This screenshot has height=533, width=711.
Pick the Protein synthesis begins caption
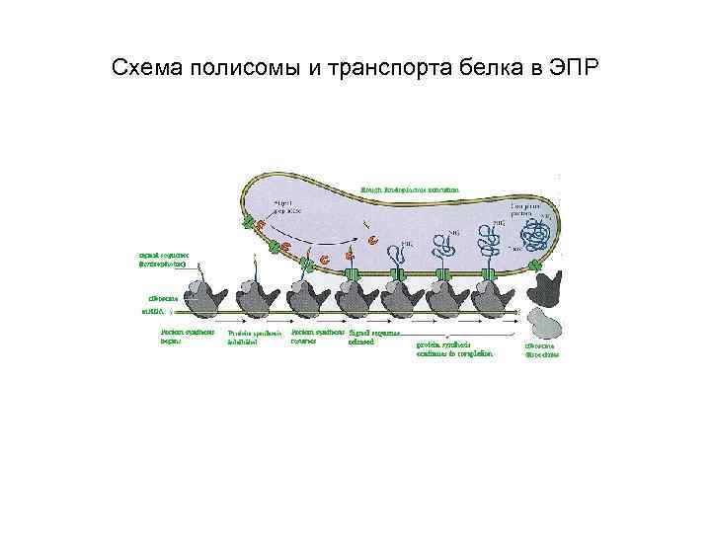(181, 337)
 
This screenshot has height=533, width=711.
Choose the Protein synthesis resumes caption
(317, 337)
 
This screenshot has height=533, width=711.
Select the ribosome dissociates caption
(541, 349)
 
